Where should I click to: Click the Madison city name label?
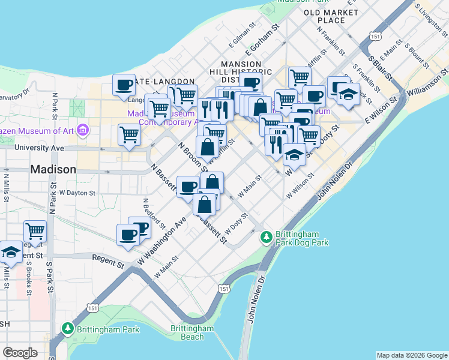tap(53, 170)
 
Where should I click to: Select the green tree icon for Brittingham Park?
tap(68, 329)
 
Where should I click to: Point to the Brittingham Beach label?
tap(192, 332)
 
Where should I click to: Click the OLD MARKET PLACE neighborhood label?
tap(332, 16)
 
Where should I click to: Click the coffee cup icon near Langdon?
tap(124, 85)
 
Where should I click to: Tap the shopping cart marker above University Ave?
tap(129, 136)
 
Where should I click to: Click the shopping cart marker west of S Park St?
tap(35, 232)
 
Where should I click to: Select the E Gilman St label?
tap(243, 41)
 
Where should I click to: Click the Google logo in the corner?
tap(20, 353)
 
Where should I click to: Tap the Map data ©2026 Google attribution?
tap(412, 355)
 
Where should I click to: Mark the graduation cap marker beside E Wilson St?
tap(348, 95)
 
